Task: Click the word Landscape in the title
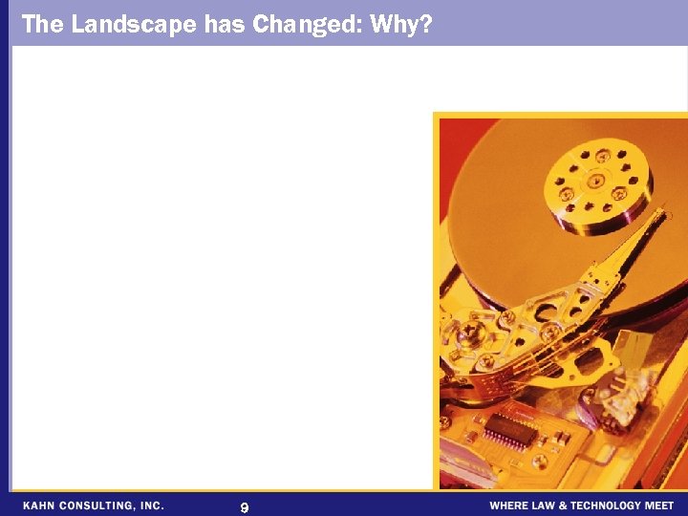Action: pyautogui.click(x=134, y=24)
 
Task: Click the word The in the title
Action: pyautogui.click(x=41, y=24)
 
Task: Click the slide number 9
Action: pyautogui.click(x=245, y=507)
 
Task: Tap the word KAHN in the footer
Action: pyautogui.click(x=41, y=505)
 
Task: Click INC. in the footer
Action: pyautogui.click(x=152, y=505)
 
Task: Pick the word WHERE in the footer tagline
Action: pyautogui.click(x=509, y=505)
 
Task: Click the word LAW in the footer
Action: pyautogui.click(x=547, y=505)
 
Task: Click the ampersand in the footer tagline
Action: pyautogui.click(x=564, y=505)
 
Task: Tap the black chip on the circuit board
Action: pyautogui.click(x=511, y=431)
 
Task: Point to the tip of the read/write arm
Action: pyautogui.click(x=658, y=217)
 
